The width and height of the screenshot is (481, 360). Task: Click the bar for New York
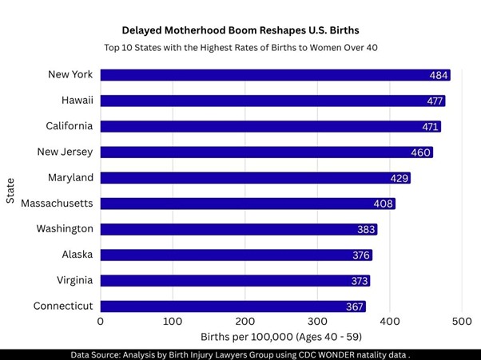tap(272, 75)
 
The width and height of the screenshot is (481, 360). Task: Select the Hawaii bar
tap(272, 101)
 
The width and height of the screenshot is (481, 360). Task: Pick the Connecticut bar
tap(232, 307)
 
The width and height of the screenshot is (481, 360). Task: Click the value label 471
tap(431, 127)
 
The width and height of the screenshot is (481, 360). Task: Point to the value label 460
tap(422, 152)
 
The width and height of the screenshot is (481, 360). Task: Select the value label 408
tap(384, 204)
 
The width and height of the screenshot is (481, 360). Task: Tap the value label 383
tap(366, 230)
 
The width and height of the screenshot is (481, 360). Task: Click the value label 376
tap(361, 255)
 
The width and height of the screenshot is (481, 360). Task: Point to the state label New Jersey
tap(66, 152)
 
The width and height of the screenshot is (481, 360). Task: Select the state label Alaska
tap(78, 255)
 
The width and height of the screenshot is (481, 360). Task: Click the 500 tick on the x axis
tap(462, 321)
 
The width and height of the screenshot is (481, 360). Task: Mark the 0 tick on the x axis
tap(101, 321)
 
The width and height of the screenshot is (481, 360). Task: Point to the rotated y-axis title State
tap(10, 190)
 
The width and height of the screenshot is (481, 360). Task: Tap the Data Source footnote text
tap(240, 354)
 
